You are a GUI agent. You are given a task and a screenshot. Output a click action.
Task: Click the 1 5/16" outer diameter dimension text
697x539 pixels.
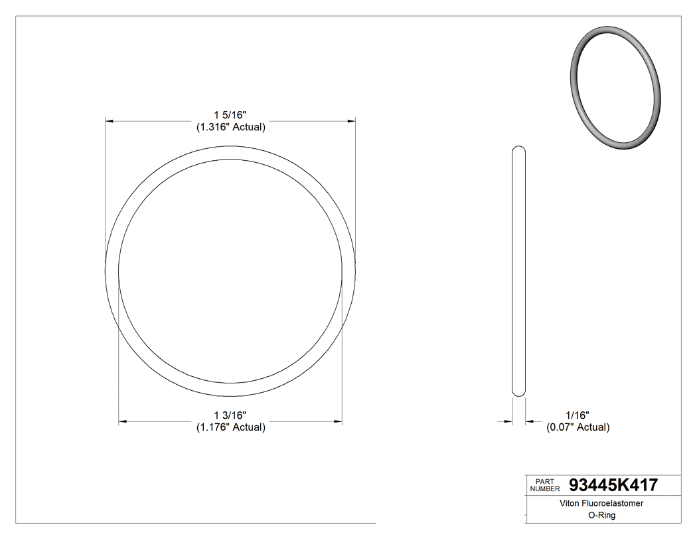pos(230,115)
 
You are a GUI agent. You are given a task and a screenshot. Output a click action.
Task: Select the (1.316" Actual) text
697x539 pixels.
pos(230,127)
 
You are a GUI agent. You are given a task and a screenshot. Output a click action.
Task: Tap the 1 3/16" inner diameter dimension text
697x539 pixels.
pos(230,415)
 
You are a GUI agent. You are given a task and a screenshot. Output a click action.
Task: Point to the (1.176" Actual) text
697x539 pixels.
pos(230,427)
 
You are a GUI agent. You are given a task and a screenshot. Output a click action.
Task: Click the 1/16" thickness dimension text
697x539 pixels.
pos(576,415)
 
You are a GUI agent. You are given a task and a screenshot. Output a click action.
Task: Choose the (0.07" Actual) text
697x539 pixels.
pos(578,427)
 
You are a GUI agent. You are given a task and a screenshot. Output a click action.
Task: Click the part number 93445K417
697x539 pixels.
pos(613,485)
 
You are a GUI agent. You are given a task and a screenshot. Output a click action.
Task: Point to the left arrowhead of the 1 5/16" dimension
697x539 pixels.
pos(111,122)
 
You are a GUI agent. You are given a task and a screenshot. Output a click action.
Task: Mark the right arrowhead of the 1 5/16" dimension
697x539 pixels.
pos(350,122)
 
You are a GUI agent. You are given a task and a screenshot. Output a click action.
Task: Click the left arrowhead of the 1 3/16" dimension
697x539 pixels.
pos(123,421)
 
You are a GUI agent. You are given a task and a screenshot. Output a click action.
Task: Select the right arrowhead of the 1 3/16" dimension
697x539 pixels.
pos(337,421)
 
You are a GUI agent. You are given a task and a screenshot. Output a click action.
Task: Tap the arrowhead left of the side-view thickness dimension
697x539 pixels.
pos(508,421)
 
